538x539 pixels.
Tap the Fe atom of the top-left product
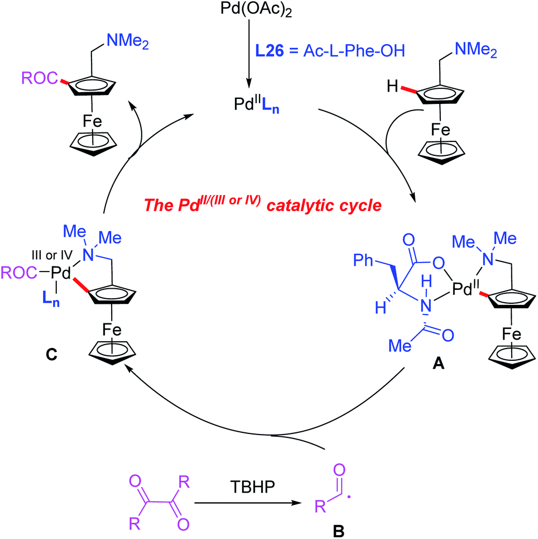pos(93,122)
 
